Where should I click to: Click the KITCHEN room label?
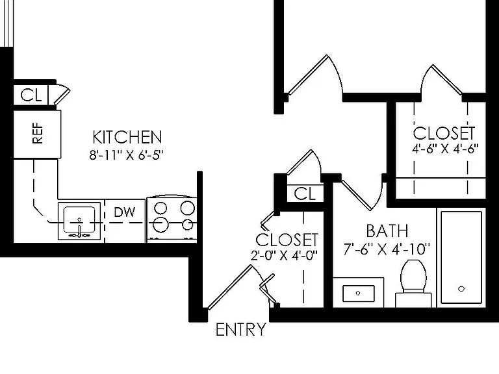[x=127, y=137]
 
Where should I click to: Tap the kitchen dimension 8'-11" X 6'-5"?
[x=126, y=155]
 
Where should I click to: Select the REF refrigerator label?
[x=38, y=133]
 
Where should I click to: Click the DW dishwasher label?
[x=125, y=212]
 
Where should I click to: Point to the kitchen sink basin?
[x=79, y=219]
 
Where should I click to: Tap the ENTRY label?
[x=241, y=329]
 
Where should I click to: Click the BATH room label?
[x=387, y=231]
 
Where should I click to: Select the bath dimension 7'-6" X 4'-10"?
[x=387, y=249]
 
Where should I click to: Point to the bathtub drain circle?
[x=461, y=289]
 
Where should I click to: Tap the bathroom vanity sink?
[x=359, y=293]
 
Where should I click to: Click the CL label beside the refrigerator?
[x=31, y=95]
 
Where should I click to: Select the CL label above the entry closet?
[x=305, y=193]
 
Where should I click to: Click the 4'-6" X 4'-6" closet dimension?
[x=445, y=149]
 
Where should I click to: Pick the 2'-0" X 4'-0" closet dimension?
[x=284, y=256]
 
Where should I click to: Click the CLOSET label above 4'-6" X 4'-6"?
[x=444, y=134]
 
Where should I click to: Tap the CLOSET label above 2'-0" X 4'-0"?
[x=287, y=240]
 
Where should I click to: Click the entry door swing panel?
[x=230, y=287]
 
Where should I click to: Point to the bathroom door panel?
[x=357, y=195]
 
